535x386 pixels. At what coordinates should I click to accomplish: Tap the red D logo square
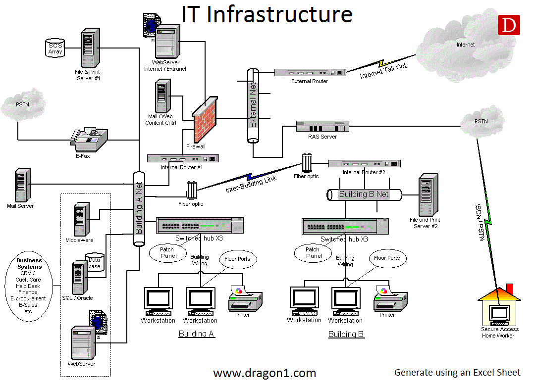click(x=509, y=26)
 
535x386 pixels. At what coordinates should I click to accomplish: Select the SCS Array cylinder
click(x=55, y=48)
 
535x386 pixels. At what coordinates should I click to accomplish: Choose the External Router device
click(x=310, y=72)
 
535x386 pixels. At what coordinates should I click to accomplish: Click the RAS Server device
click(x=322, y=126)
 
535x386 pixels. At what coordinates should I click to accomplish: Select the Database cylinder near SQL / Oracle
click(x=94, y=263)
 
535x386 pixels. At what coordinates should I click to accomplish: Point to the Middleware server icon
click(x=79, y=219)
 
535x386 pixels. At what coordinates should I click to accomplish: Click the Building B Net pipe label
click(x=364, y=194)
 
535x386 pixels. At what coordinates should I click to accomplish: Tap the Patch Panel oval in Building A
click(x=168, y=252)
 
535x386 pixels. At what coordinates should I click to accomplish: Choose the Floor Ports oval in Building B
click(x=387, y=258)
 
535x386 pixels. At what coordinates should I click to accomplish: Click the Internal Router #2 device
click(x=364, y=163)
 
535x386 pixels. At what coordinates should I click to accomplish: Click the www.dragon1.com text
click(x=265, y=373)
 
